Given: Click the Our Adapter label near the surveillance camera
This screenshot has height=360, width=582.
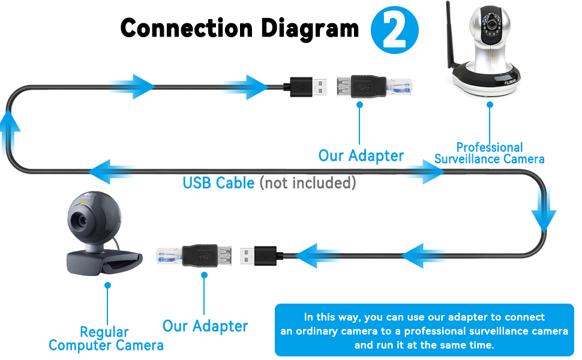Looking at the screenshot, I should coord(361,156).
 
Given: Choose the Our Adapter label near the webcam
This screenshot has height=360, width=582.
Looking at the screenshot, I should coord(205,326).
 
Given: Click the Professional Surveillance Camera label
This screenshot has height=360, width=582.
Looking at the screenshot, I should coord(490,153).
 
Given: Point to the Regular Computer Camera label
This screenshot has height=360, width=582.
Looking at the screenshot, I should coord(106,339).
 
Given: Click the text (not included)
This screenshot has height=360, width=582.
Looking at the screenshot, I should coord(308,182).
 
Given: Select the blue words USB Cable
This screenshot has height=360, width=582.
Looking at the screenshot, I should coord(218,182).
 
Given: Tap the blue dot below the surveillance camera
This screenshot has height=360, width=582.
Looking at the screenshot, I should coord(490,104).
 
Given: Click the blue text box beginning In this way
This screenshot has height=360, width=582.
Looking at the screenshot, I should coord(424,331).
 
